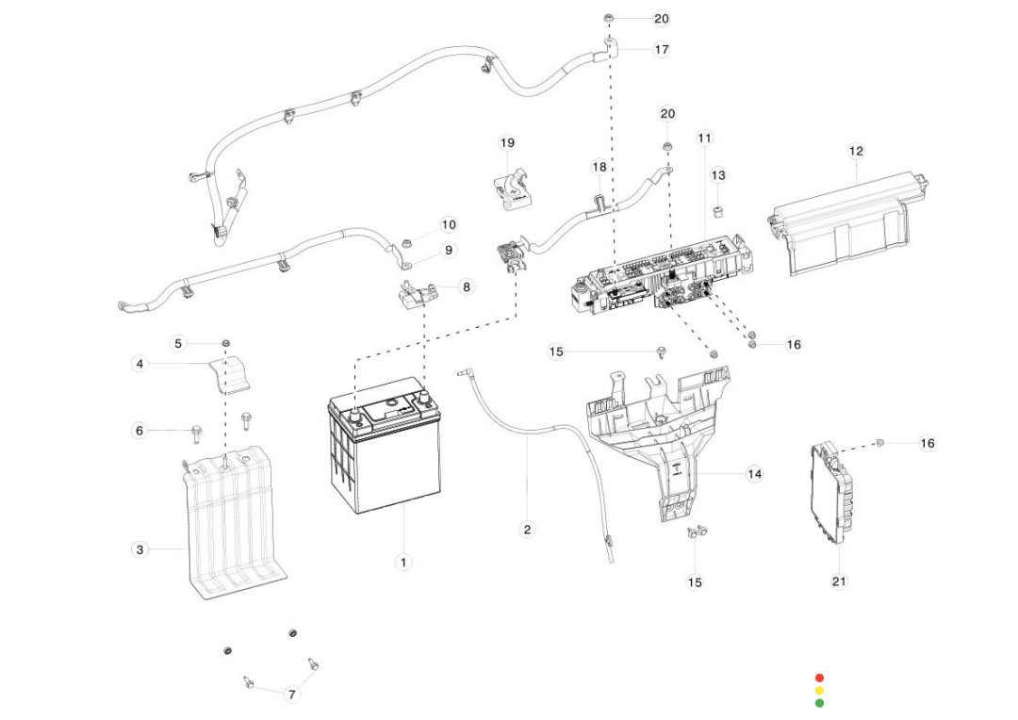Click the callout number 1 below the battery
(x=402, y=563)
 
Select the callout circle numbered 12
(x=856, y=151)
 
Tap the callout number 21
(x=839, y=581)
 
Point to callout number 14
(x=754, y=474)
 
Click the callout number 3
(x=140, y=549)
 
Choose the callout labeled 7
(x=291, y=695)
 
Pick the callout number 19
(x=507, y=143)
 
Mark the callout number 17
(x=662, y=49)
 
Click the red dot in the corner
(x=819, y=678)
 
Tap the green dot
(x=819, y=703)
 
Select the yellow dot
(x=819, y=691)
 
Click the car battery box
(x=385, y=452)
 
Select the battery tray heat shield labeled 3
(x=231, y=528)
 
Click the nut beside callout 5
(x=226, y=341)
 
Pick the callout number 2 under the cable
(x=527, y=530)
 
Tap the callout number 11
(x=704, y=138)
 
